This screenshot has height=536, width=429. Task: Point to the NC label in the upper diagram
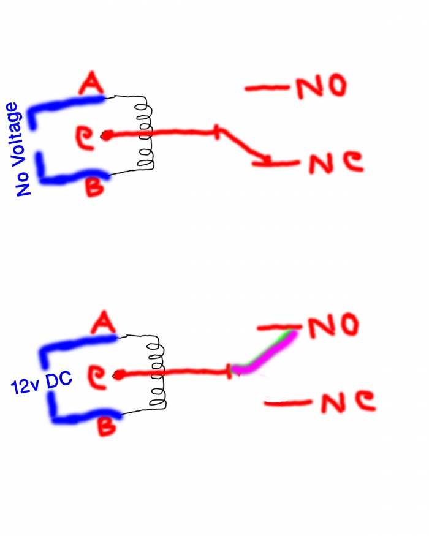pos(335,162)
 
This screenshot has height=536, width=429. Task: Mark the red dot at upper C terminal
pos(107,136)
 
